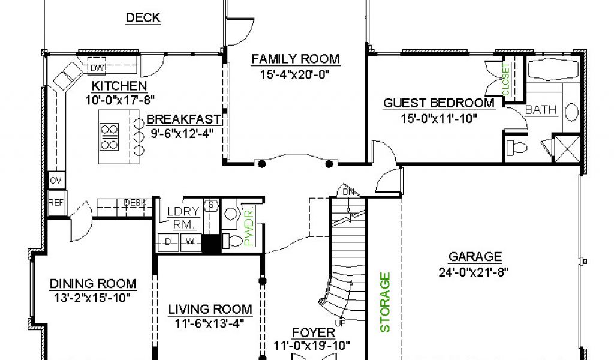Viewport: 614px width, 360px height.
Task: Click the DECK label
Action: (x=143, y=17)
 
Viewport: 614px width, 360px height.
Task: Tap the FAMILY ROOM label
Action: (x=295, y=59)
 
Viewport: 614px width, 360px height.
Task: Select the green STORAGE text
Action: (x=386, y=302)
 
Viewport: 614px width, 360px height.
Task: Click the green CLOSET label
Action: (x=506, y=80)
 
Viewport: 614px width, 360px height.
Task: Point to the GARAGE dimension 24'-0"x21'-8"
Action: (x=474, y=272)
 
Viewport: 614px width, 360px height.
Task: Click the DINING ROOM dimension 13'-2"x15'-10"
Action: (x=92, y=298)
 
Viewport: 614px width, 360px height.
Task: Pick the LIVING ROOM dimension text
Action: (x=210, y=323)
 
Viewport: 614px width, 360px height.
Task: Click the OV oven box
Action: (x=56, y=181)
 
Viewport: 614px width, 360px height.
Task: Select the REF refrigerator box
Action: (x=56, y=203)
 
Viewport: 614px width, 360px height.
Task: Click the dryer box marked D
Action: (x=168, y=242)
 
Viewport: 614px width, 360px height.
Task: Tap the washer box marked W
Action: (x=190, y=242)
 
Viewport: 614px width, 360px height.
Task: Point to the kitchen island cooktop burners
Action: (x=109, y=137)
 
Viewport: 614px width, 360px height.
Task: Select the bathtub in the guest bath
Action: (x=553, y=70)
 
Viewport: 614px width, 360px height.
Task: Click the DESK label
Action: (x=135, y=203)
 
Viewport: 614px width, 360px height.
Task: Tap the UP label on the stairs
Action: (x=341, y=323)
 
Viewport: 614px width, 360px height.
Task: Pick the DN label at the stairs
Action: (x=348, y=192)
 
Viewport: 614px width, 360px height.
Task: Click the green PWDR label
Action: (x=249, y=228)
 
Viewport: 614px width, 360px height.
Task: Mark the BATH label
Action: (x=541, y=110)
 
